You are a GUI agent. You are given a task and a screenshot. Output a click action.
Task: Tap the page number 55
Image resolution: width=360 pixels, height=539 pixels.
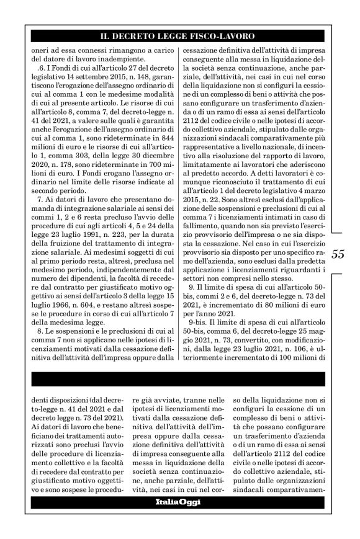pyautogui.click(x=340, y=254)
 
